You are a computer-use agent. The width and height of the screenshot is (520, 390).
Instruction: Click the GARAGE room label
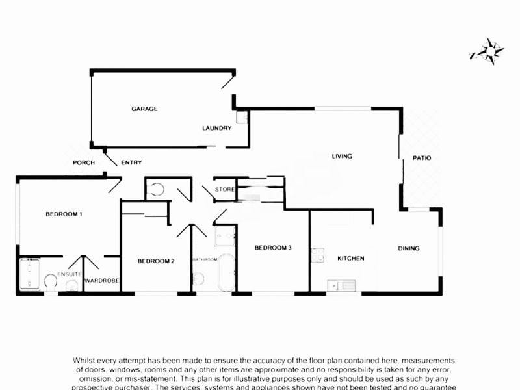[x=144, y=109]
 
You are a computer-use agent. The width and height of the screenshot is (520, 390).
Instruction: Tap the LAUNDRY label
[x=216, y=128]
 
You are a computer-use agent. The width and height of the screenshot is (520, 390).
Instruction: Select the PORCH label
[x=84, y=162]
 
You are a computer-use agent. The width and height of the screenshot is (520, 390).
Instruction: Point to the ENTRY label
[x=131, y=162]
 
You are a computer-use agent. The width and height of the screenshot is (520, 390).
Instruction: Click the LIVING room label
[x=342, y=156]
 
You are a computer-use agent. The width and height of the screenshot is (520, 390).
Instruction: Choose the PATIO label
[x=421, y=158]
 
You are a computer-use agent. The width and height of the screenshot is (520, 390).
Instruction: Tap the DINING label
[x=409, y=248]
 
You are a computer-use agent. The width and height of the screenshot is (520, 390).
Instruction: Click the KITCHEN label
[x=350, y=259]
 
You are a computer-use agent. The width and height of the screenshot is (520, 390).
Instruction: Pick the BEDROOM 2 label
[x=156, y=261]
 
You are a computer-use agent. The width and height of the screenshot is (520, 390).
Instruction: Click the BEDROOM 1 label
[x=64, y=214]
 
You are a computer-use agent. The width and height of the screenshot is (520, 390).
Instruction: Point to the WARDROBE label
[x=100, y=281]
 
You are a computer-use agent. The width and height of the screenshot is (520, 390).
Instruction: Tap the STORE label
[x=225, y=190]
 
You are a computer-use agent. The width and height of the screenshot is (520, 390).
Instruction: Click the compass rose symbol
[x=487, y=50]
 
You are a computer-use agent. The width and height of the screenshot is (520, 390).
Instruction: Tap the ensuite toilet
[x=50, y=281]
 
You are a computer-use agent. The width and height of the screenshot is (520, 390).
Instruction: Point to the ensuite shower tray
[x=30, y=274]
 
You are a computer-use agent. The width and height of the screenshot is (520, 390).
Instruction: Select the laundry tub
[x=242, y=118]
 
